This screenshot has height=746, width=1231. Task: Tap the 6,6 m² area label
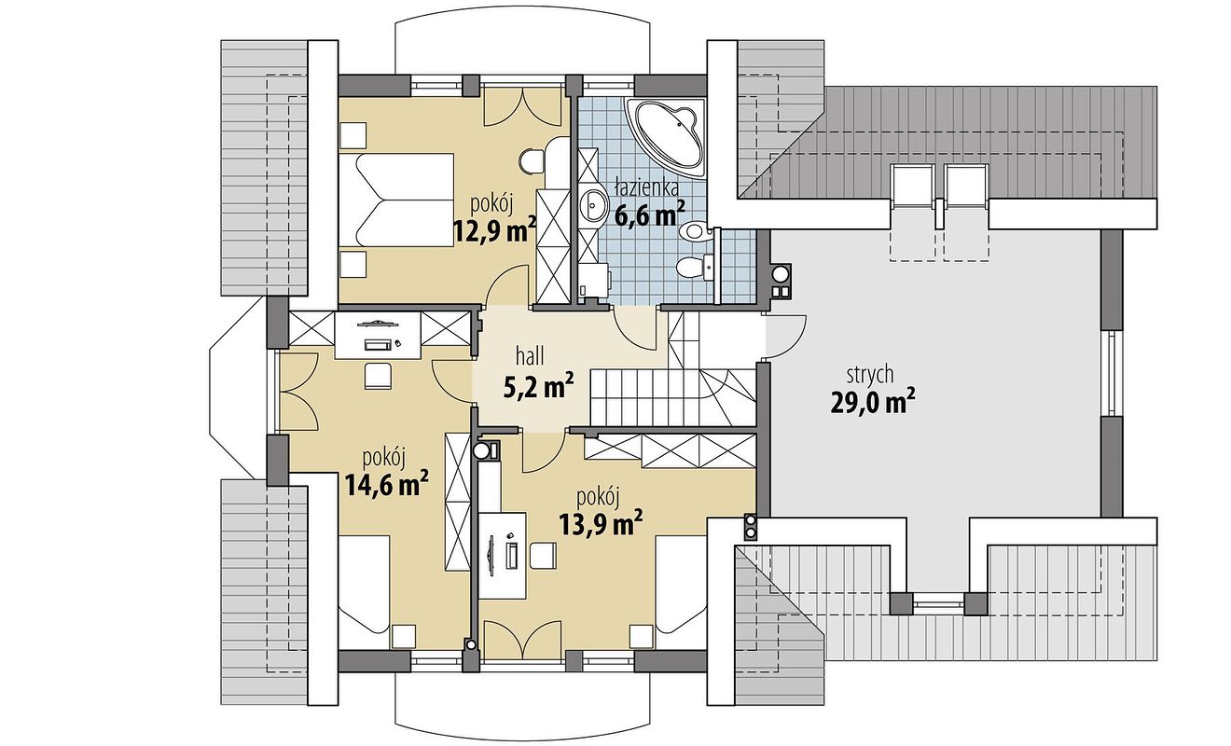649,214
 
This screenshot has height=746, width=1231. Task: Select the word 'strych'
870,375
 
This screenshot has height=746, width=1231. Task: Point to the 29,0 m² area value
871,403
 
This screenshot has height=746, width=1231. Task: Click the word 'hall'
530,355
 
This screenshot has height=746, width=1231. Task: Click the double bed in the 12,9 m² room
396,200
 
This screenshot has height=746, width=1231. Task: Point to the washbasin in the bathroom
593,202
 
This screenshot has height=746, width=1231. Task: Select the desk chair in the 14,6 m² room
378,375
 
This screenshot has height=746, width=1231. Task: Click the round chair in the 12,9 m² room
533,159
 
